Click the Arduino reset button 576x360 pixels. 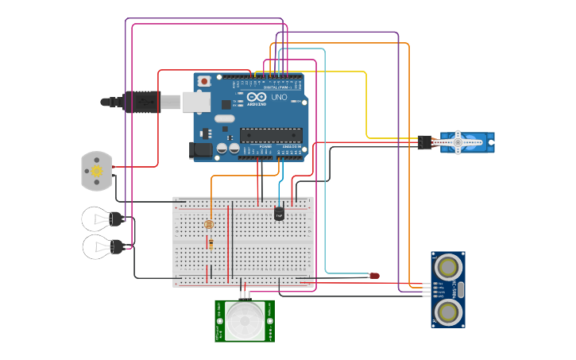tap(204, 80)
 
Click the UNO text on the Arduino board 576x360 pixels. tap(279, 98)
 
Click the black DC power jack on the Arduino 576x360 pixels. tap(201, 149)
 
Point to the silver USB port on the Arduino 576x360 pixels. tap(195, 102)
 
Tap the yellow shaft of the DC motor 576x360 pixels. tap(97, 171)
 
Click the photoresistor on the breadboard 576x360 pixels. tap(209, 225)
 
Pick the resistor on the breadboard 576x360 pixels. tap(211, 244)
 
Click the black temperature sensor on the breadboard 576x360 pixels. tap(279, 213)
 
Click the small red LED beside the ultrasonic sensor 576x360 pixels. tap(374, 276)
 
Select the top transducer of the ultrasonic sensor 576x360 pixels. tap(449, 265)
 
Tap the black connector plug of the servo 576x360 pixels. tap(425, 143)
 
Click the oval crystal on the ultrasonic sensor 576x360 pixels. tap(461, 288)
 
